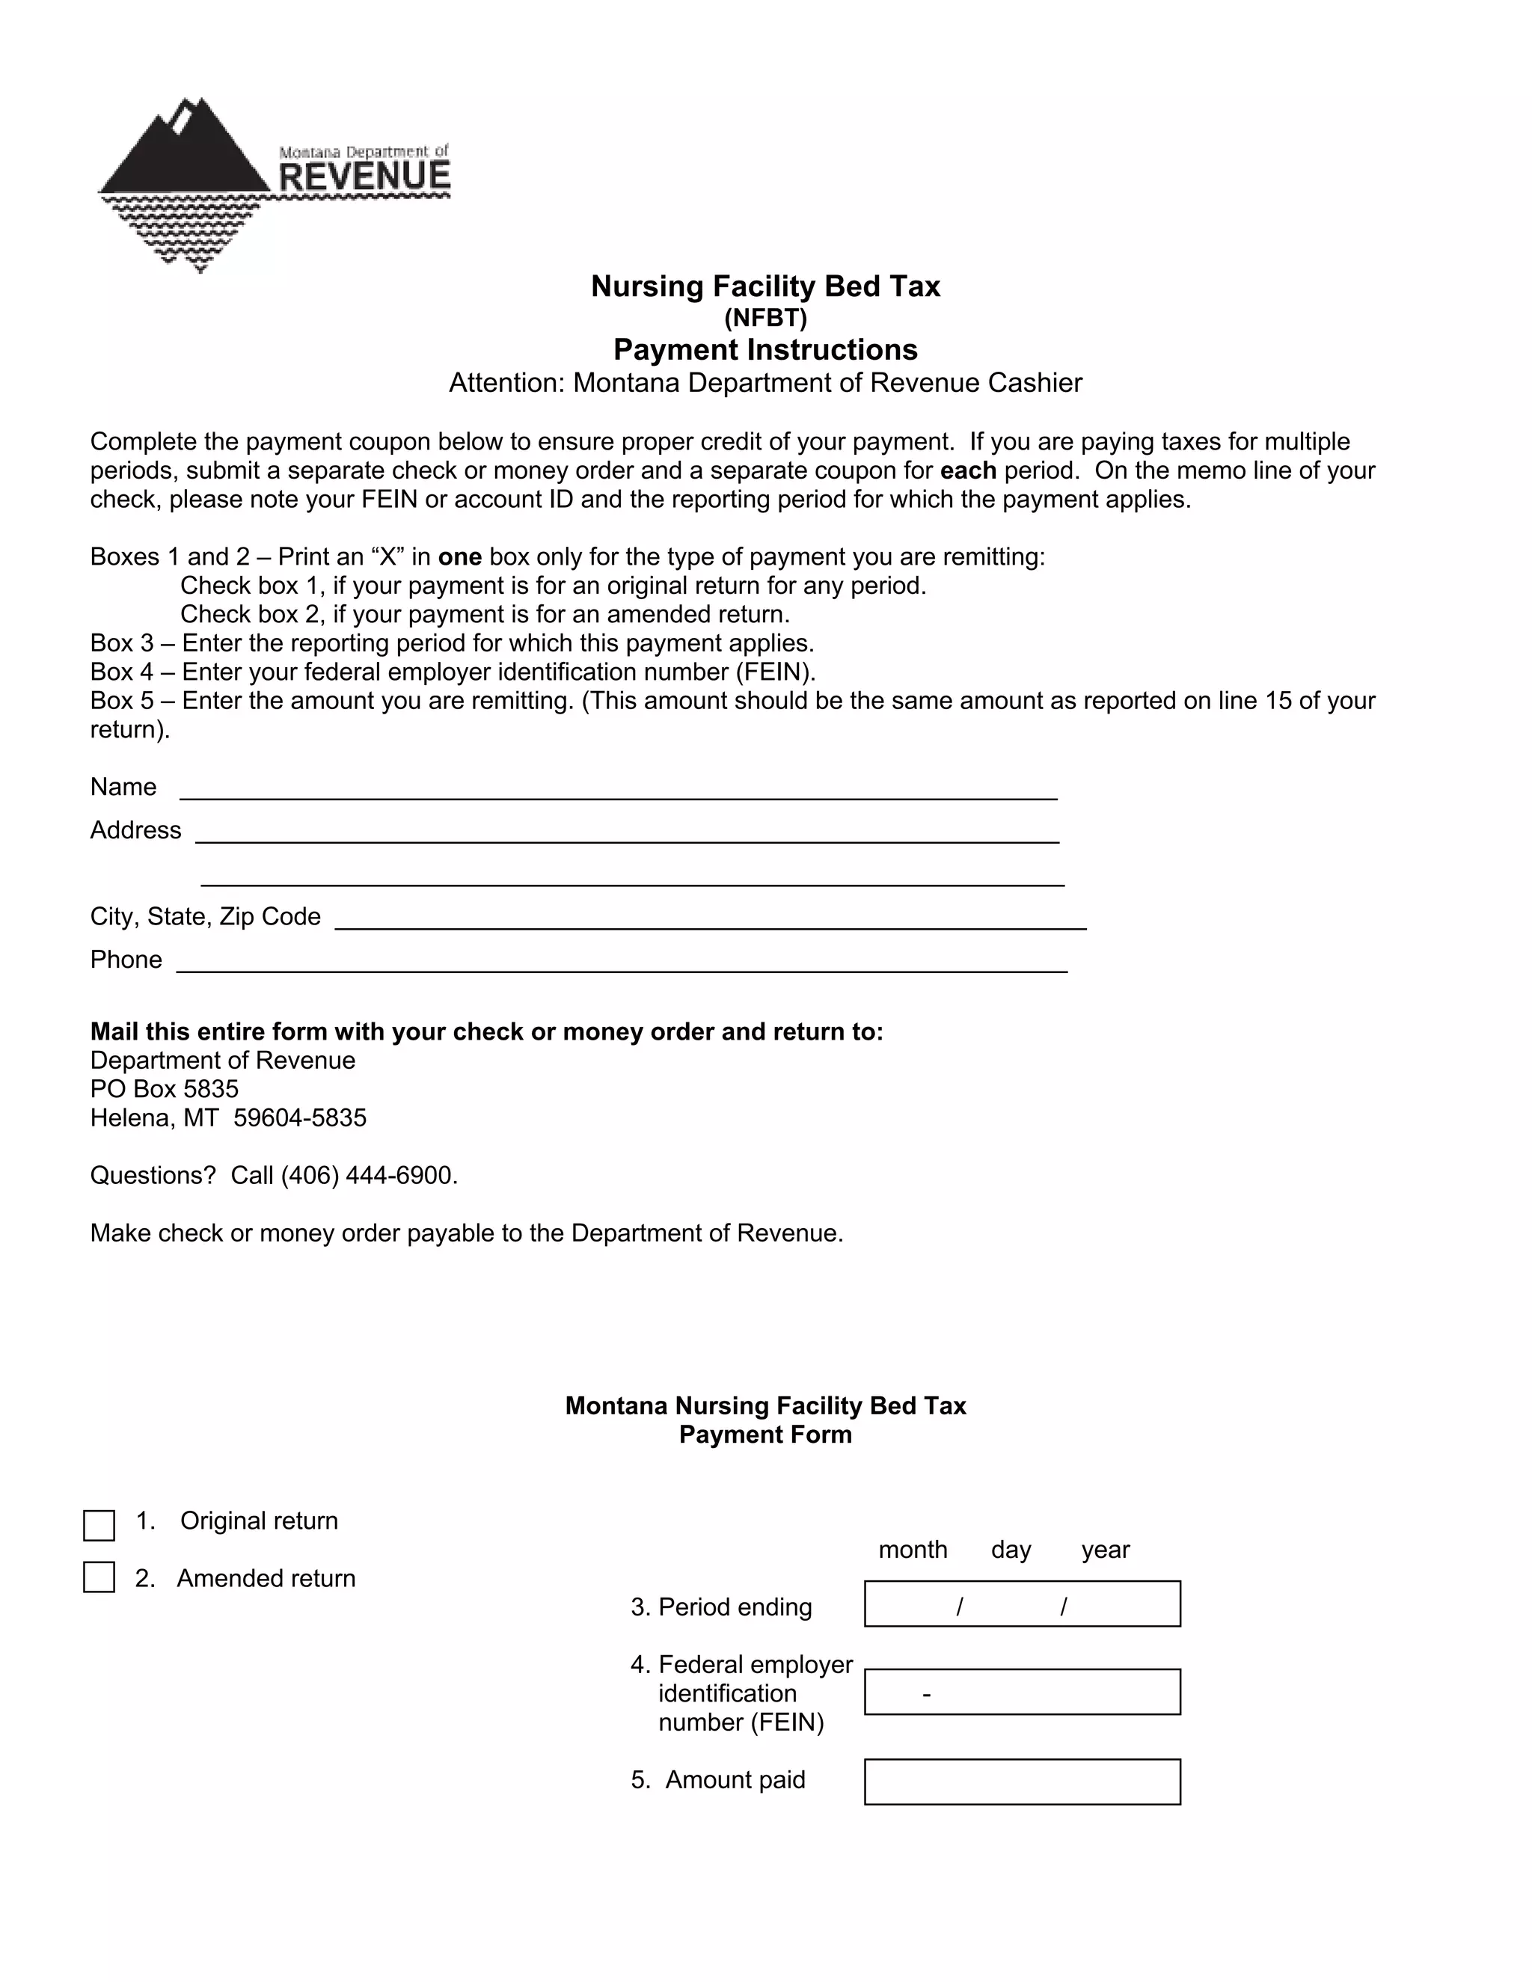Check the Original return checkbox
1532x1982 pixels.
click(x=99, y=1526)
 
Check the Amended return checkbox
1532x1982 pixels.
click(x=99, y=1577)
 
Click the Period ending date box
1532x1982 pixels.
click(x=1022, y=1604)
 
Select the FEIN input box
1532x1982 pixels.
click(x=1022, y=1692)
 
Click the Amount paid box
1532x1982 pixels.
click(x=1022, y=1782)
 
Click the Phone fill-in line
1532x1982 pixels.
click(x=621, y=962)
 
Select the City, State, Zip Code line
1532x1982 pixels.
click(x=710, y=919)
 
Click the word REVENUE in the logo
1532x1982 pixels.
click(x=364, y=176)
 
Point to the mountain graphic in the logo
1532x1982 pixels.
click(x=186, y=150)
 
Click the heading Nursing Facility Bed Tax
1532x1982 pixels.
click(x=765, y=286)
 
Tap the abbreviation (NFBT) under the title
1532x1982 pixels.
click(x=765, y=318)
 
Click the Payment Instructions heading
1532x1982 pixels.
click(x=765, y=349)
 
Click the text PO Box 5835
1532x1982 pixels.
click(x=165, y=1089)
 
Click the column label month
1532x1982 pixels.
click(x=912, y=1550)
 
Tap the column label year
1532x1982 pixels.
click(x=1105, y=1550)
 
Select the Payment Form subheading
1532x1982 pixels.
click(x=765, y=1435)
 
